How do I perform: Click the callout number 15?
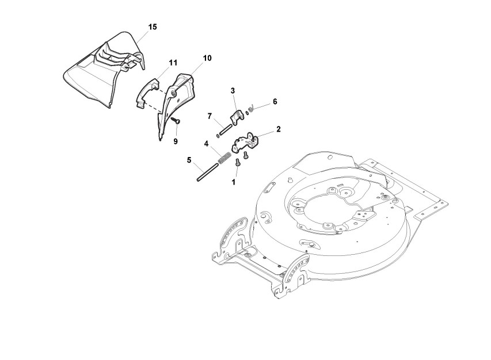tap(153, 27)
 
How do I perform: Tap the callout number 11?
tap(173, 62)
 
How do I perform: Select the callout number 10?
tap(207, 58)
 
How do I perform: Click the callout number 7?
tap(211, 116)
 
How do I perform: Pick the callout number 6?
tap(275, 101)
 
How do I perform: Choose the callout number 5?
tap(188, 160)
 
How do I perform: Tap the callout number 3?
tap(233, 90)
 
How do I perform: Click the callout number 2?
tap(278, 129)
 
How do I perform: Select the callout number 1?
tap(234, 182)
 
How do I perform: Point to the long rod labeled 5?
tap(208, 171)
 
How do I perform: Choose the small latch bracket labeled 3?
tap(237, 117)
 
